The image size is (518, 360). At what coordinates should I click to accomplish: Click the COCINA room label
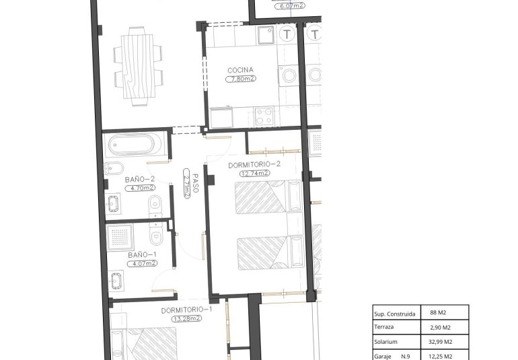point(240,70)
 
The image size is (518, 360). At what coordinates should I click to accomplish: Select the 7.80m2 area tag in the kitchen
point(240,79)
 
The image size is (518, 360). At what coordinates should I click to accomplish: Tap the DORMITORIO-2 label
point(254,164)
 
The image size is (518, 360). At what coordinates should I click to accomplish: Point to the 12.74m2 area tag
point(254,173)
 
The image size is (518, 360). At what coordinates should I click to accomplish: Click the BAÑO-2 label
point(140,179)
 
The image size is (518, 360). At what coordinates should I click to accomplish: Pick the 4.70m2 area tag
point(140,188)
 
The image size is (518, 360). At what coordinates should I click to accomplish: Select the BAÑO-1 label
point(142,255)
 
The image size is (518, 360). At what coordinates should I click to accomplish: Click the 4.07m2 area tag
point(142,263)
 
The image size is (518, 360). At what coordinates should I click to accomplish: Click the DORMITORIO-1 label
point(187,310)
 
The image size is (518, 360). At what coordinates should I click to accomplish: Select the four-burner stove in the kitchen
point(264,116)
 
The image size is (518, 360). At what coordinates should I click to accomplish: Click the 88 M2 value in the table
point(439,313)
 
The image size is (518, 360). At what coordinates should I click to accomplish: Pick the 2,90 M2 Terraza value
point(439,327)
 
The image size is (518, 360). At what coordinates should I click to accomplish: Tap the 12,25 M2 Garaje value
point(439,356)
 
